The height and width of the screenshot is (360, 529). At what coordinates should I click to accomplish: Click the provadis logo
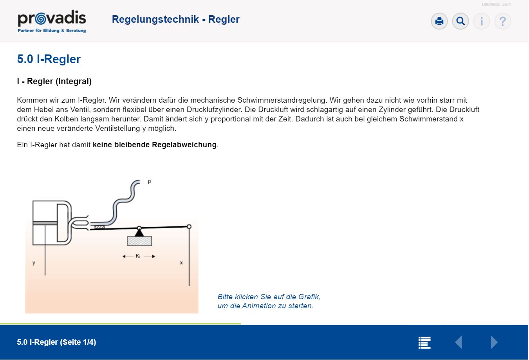pos(52,21)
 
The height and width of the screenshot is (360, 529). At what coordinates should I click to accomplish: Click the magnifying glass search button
pos(460,21)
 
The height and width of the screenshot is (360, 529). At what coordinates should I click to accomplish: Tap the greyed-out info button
pos(482,21)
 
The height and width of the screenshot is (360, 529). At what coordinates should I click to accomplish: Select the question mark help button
pos(503,21)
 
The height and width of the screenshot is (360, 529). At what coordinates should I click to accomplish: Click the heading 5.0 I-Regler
pos(49,59)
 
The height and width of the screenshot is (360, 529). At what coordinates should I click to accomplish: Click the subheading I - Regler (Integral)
pos(54,81)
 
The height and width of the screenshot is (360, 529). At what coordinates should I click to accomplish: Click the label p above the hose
pos(150,181)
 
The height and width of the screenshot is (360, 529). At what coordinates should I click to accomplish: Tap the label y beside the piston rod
pos(34,262)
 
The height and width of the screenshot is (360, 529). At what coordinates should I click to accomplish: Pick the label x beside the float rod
pos(181,262)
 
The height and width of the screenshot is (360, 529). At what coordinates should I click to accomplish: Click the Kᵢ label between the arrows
pos(138,256)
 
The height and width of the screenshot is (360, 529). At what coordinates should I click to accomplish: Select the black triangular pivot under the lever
pos(139,233)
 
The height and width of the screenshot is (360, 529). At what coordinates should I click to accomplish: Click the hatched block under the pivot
pos(139,241)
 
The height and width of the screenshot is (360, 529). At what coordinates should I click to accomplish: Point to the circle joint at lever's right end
pos(189,226)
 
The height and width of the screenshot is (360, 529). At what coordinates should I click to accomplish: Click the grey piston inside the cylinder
pos(45,223)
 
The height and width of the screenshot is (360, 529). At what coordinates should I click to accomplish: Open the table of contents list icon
pos(424,342)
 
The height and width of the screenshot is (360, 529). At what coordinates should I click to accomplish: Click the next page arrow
pos(494,342)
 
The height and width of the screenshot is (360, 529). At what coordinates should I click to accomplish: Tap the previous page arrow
pos(459,342)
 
